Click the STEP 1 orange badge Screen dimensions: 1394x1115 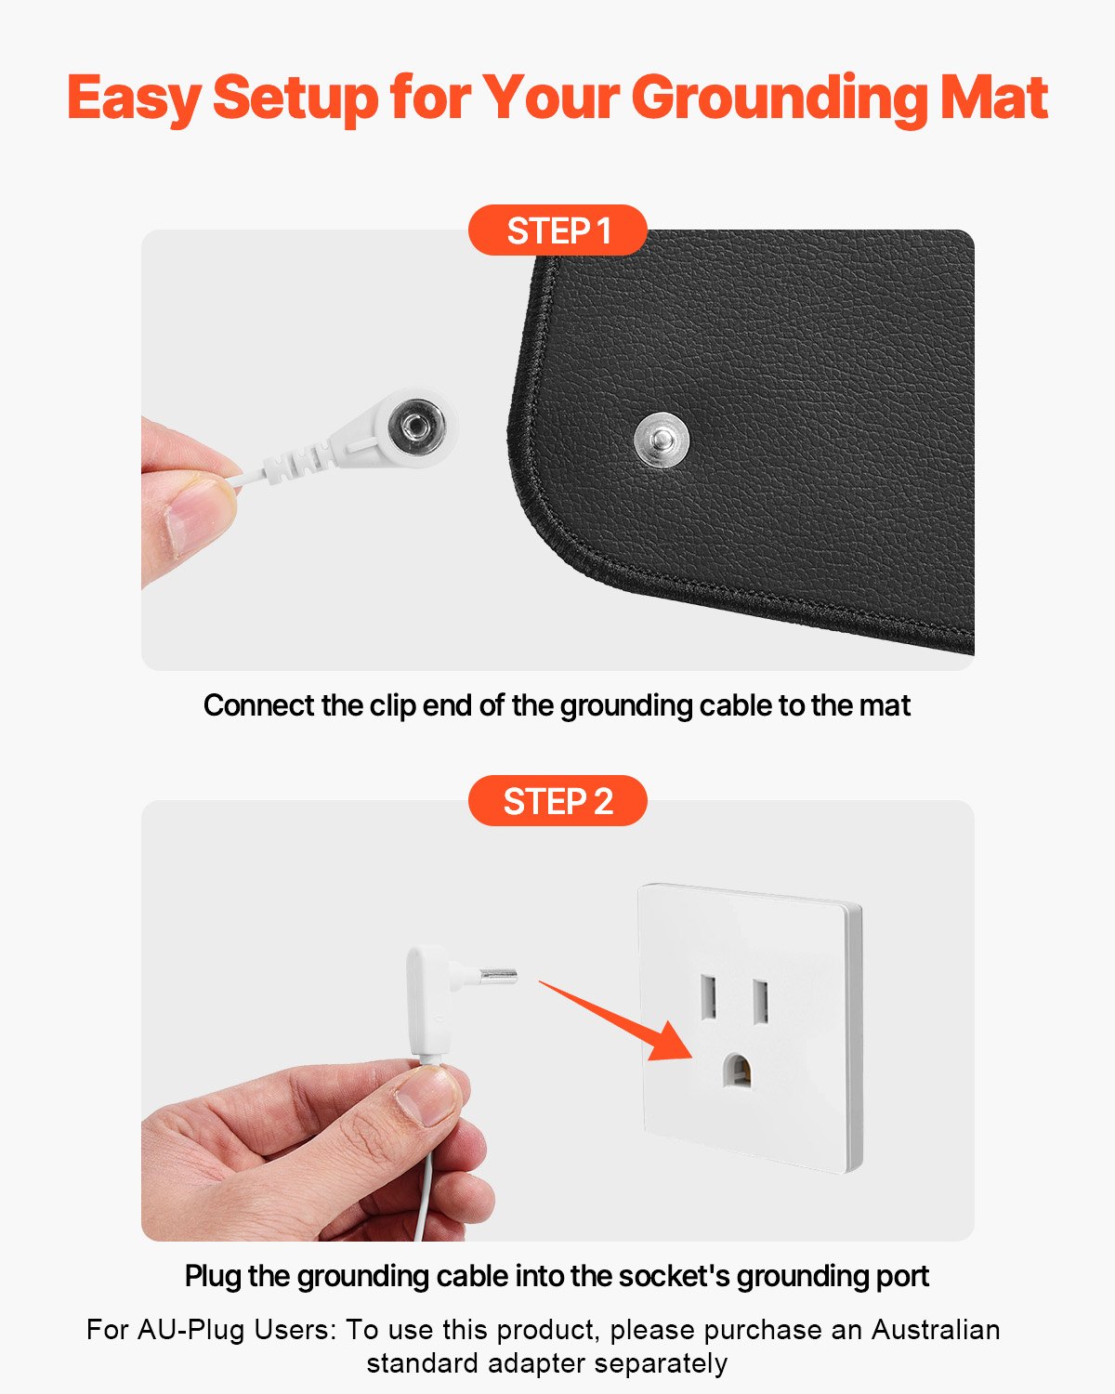pyautogui.click(x=557, y=230)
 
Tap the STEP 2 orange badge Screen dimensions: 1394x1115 pyautogui.click(x=557, y=801)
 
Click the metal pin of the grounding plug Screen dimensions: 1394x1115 pyautogui.click(x=497, y=976)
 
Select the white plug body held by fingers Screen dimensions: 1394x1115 pyautogui.click(x=427, y=1004)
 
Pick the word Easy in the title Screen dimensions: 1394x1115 pyautogui.click(x=133, y=99)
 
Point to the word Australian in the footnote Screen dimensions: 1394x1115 pyautogui.click(x=935, y=1330)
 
